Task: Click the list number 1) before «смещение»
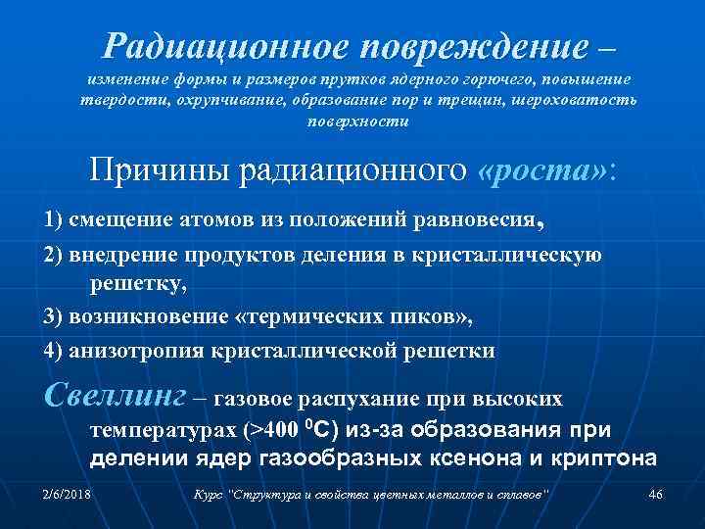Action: click(x=56, y=218)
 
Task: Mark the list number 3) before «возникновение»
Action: click(x=56, y=317)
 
